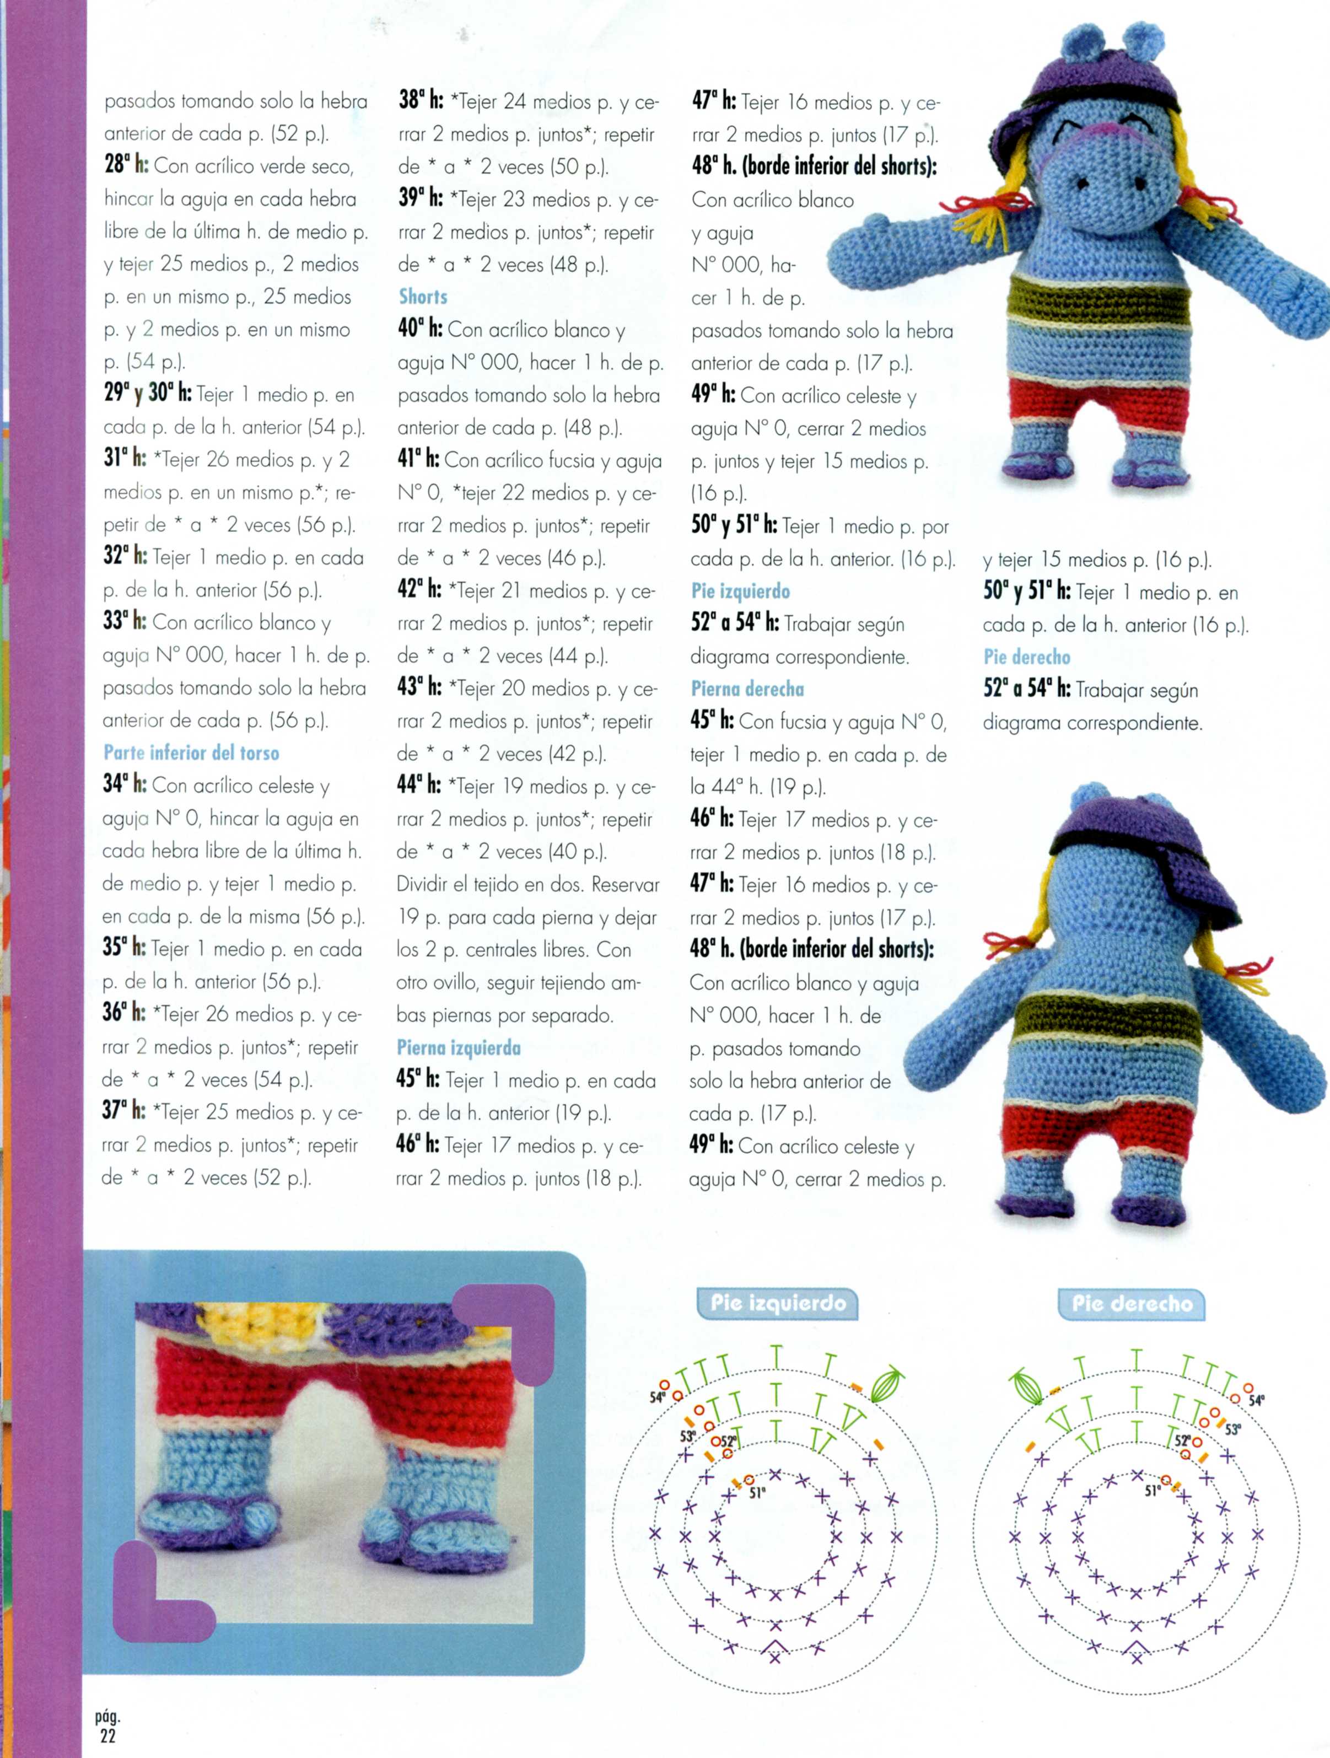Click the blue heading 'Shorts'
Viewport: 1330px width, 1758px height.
(423, 297)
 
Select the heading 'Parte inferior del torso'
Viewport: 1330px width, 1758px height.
(191, 752)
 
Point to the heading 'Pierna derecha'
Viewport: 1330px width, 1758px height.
(747, 689)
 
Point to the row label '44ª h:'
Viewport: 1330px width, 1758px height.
(419, 786)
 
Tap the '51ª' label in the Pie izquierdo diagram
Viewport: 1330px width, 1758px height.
(756, 1493)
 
